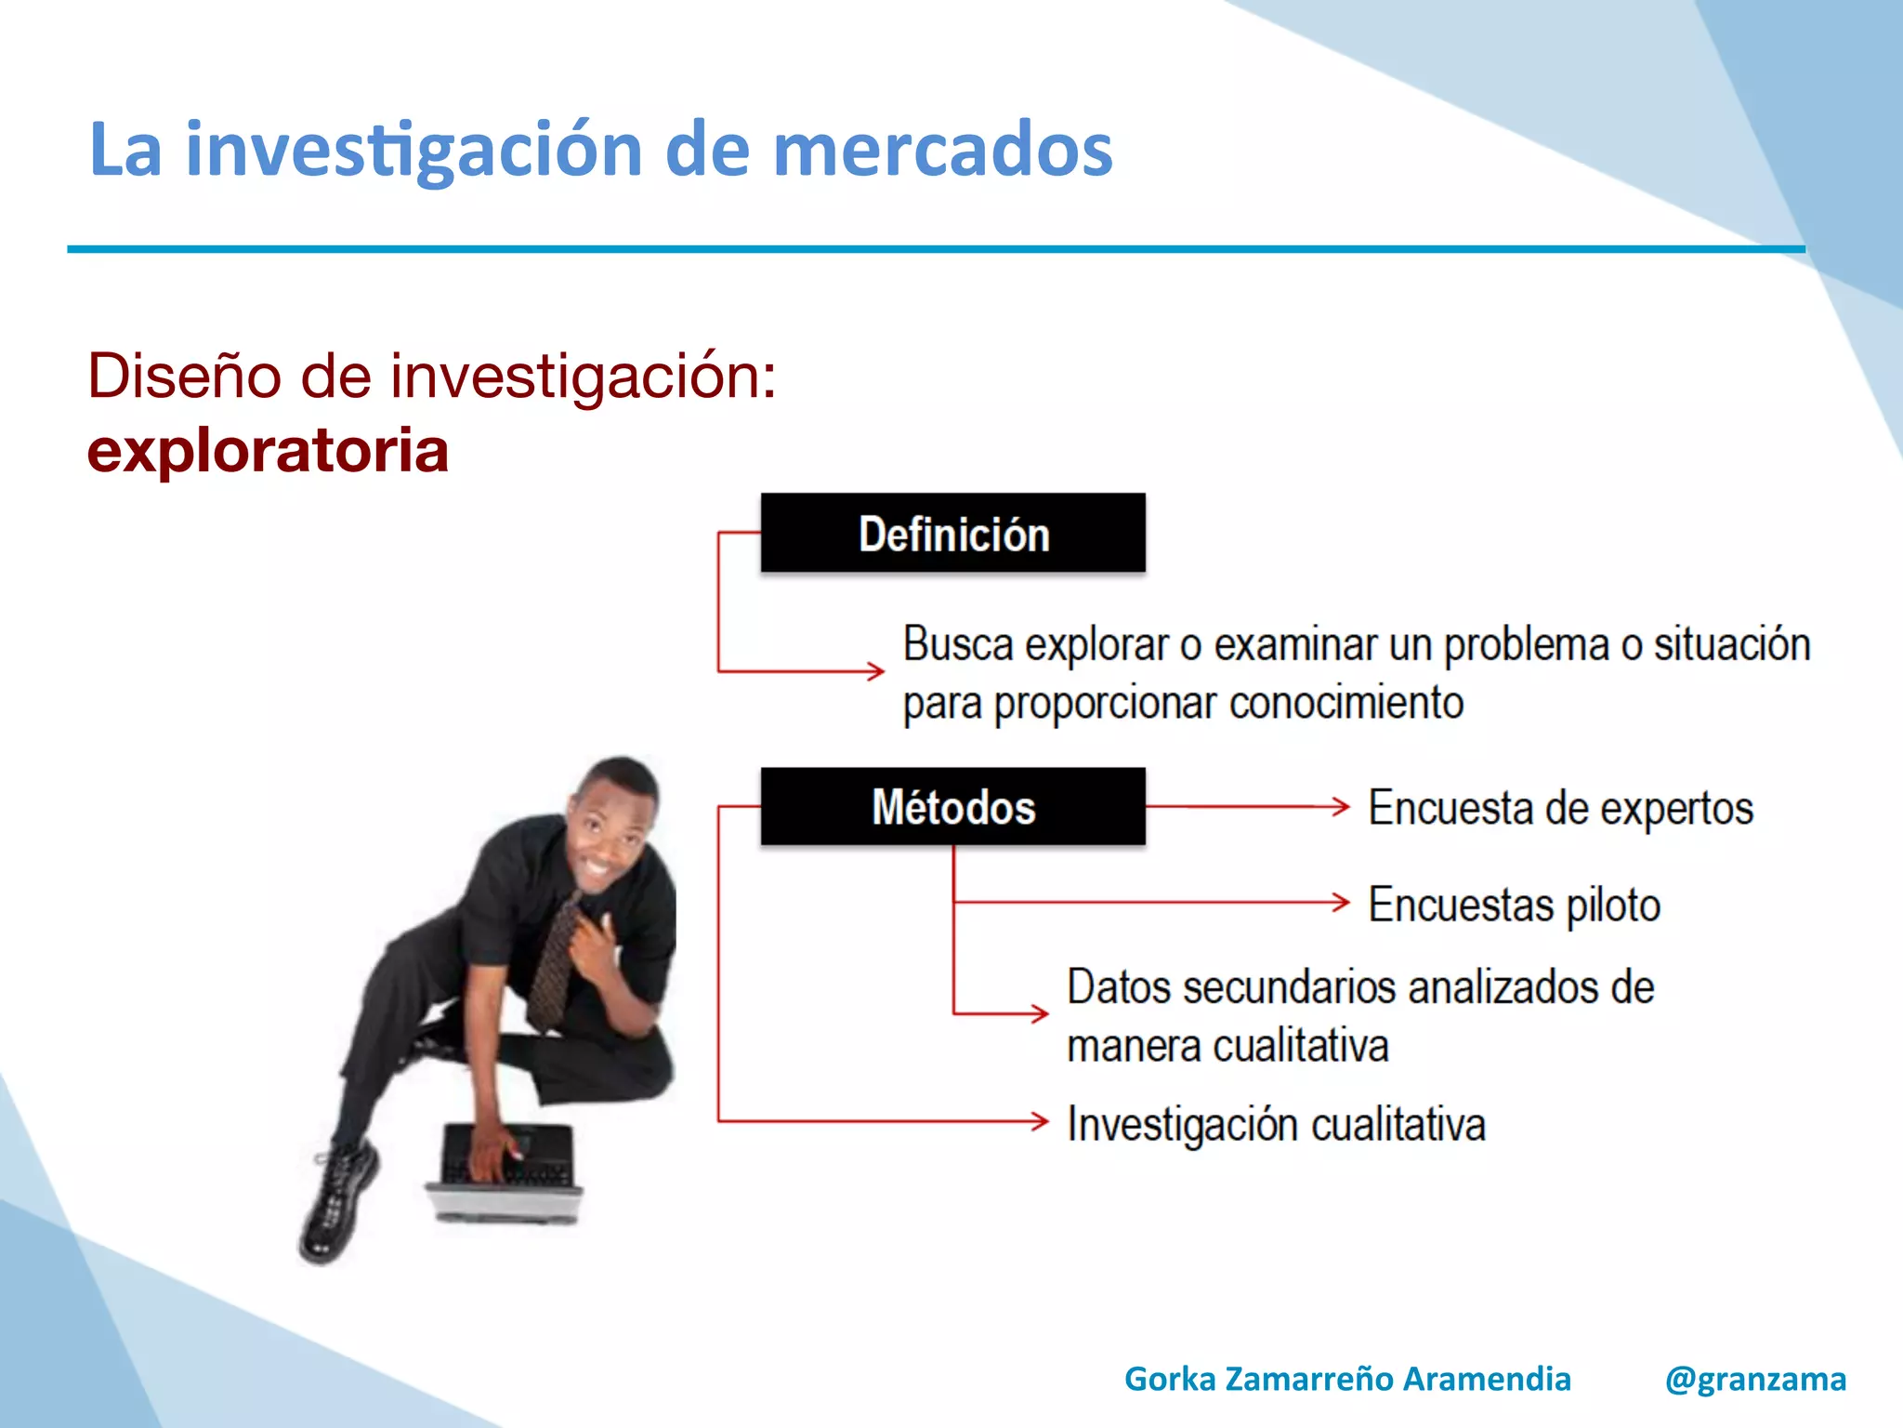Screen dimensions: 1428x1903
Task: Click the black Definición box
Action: coord(952,533)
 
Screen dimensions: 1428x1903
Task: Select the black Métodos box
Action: coord(952,806)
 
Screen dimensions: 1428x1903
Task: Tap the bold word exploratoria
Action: coord(268,451)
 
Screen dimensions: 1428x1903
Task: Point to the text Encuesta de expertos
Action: coord(1560,807)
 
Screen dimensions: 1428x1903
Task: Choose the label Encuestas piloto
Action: coord(1514,905)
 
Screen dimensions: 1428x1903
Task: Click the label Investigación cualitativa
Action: coord(1276,1124)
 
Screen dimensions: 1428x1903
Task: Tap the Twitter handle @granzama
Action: coord(1755,1379)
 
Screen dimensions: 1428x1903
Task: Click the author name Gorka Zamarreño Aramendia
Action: coord(1347,1379)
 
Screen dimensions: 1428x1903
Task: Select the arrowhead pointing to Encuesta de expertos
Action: coord(1341,806)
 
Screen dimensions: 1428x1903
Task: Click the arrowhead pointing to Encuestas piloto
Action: coord(1341,902)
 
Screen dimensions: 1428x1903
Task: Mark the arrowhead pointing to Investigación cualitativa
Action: coord(1040,1121)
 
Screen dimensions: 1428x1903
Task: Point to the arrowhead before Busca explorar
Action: coord(875,670)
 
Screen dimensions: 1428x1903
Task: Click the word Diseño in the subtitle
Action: coord(184,377)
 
